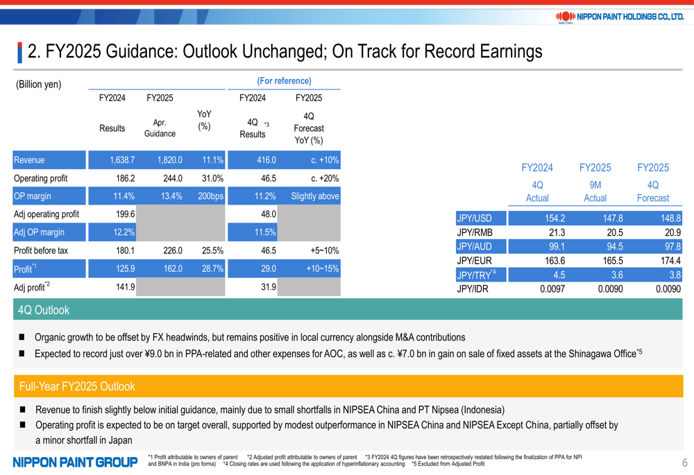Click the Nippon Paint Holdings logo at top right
click(x=620, y=16)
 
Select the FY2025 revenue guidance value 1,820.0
click(x=169, y=160)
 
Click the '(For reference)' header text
click(x=284, y=81)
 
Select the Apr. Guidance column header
click(x=160, y=128)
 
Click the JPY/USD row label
click(x=475, y=218)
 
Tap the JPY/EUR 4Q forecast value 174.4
click(x=668, y=261)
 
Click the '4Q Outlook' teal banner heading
click(x=44, y=310)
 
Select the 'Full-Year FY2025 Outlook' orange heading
click(x=77, y=386)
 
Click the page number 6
click(x=684, y=463)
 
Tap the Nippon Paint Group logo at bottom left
click(x=74, y=462)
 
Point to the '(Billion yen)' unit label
click(x=39, y=85)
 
